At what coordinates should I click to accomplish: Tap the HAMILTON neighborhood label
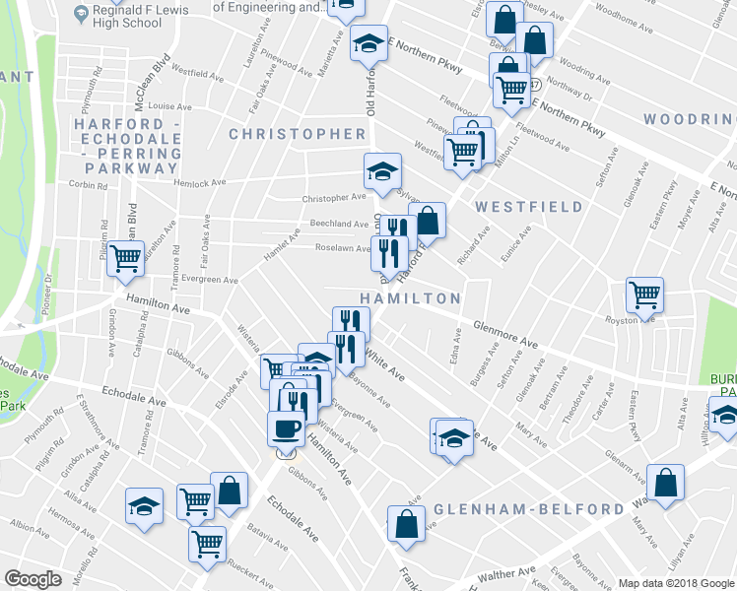(410, 297)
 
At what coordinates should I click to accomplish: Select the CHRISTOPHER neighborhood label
(298, 133)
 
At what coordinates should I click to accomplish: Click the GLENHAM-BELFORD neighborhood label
(529, 509)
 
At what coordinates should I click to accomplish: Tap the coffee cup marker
(287, 428)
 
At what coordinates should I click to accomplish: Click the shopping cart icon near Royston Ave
(645, 295)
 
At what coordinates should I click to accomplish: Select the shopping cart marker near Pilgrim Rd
(126, 258)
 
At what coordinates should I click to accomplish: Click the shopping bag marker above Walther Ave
(406, 524)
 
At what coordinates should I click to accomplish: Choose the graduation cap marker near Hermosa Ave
(145, 506)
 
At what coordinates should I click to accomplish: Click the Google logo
(34, 579)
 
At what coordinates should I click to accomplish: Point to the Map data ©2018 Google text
(677, 582)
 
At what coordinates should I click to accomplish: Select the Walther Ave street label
(506, 573)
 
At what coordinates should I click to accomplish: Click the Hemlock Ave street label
(201, 182)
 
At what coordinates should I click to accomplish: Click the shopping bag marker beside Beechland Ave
(428, 220)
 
